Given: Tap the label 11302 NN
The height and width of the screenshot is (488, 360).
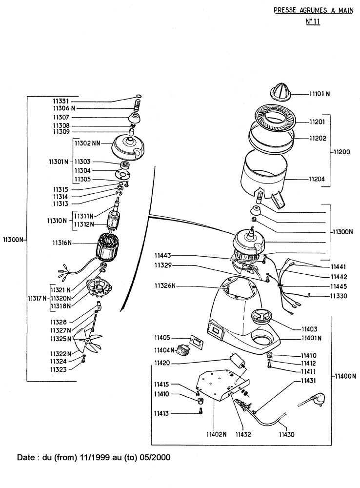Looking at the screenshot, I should coord(87,143).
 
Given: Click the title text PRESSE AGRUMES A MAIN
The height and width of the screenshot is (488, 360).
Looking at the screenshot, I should coord(313,9).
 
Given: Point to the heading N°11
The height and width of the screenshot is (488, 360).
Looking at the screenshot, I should coord(312,22).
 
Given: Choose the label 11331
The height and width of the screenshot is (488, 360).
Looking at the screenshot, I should coord(61,100).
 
